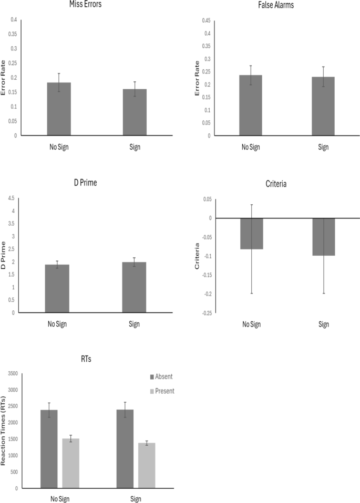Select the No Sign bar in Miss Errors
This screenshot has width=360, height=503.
(x=59, y=109)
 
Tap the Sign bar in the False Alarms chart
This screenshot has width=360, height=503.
(x=323, y=106)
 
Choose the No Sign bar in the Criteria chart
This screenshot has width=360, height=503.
(x=251, y=234)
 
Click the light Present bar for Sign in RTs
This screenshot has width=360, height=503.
(x=147, y=465)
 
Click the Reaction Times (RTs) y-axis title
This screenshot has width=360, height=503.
(x=4, y=431)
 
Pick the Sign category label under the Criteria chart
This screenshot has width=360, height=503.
(x=323, y=324)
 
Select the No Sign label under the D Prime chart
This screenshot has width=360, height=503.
(x=57, y=324)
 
